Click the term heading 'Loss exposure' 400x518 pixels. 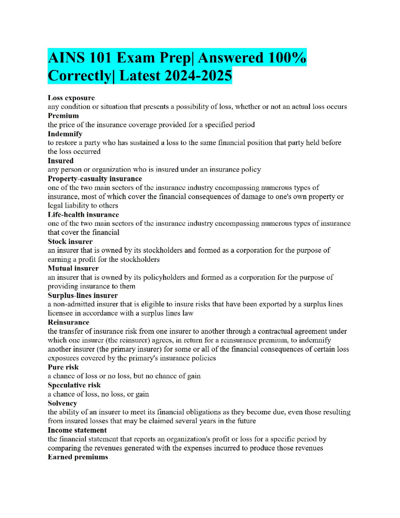click(71, 98)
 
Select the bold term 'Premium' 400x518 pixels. click(63, 116)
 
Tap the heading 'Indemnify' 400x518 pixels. click(65, 134)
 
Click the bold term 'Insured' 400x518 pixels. click(61, 161)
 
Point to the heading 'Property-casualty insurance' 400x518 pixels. click(95, 179)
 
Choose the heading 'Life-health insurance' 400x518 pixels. click(83, 215)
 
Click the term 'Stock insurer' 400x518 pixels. click(70, 241)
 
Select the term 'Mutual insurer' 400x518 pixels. click(73, 268)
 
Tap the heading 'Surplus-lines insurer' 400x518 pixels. click(82, 295)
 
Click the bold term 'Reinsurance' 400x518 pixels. click(68, 322)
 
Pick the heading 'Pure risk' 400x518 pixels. click(63, 367)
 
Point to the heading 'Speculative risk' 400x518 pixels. click(74, 385)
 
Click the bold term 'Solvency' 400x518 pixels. click(62, 403)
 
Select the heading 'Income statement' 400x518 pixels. click(77, 430)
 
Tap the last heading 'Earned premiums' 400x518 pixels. click(78, 457)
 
